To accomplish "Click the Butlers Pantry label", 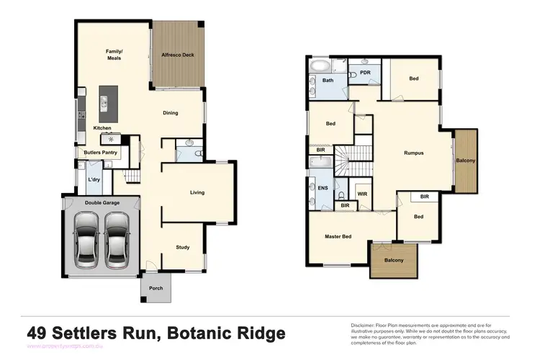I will (101, 153).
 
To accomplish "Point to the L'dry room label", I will (94, 179).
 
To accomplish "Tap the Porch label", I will (156, 288).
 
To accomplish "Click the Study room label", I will (183, 248).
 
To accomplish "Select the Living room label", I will (197, 192).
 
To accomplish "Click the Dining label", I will (170, 113).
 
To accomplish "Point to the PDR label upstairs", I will (365, 73).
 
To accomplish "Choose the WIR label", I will (362, 192).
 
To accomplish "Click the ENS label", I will (323, 188).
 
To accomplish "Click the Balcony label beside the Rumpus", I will (465, 161).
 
